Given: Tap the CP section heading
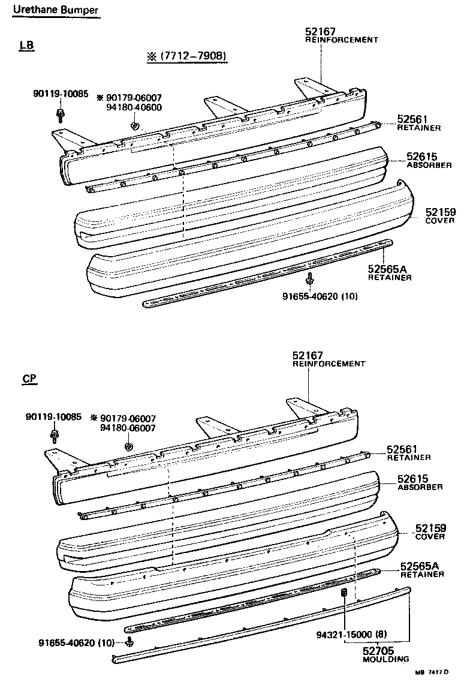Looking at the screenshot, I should (x=29, y=379).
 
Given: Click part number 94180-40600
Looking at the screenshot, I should (x=134, y=107).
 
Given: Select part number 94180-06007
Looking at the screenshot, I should (x=128, y=428).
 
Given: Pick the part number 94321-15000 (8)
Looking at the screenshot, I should (x=344, y=634).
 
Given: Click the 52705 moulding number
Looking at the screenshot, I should (x=378, y=650).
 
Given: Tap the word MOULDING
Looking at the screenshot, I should (x=385, y=659).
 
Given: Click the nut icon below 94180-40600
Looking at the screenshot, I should (x=135, y=126).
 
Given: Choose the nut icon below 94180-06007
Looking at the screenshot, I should (x=128, y=447).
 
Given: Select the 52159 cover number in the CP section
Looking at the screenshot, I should (x=430, y=528).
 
